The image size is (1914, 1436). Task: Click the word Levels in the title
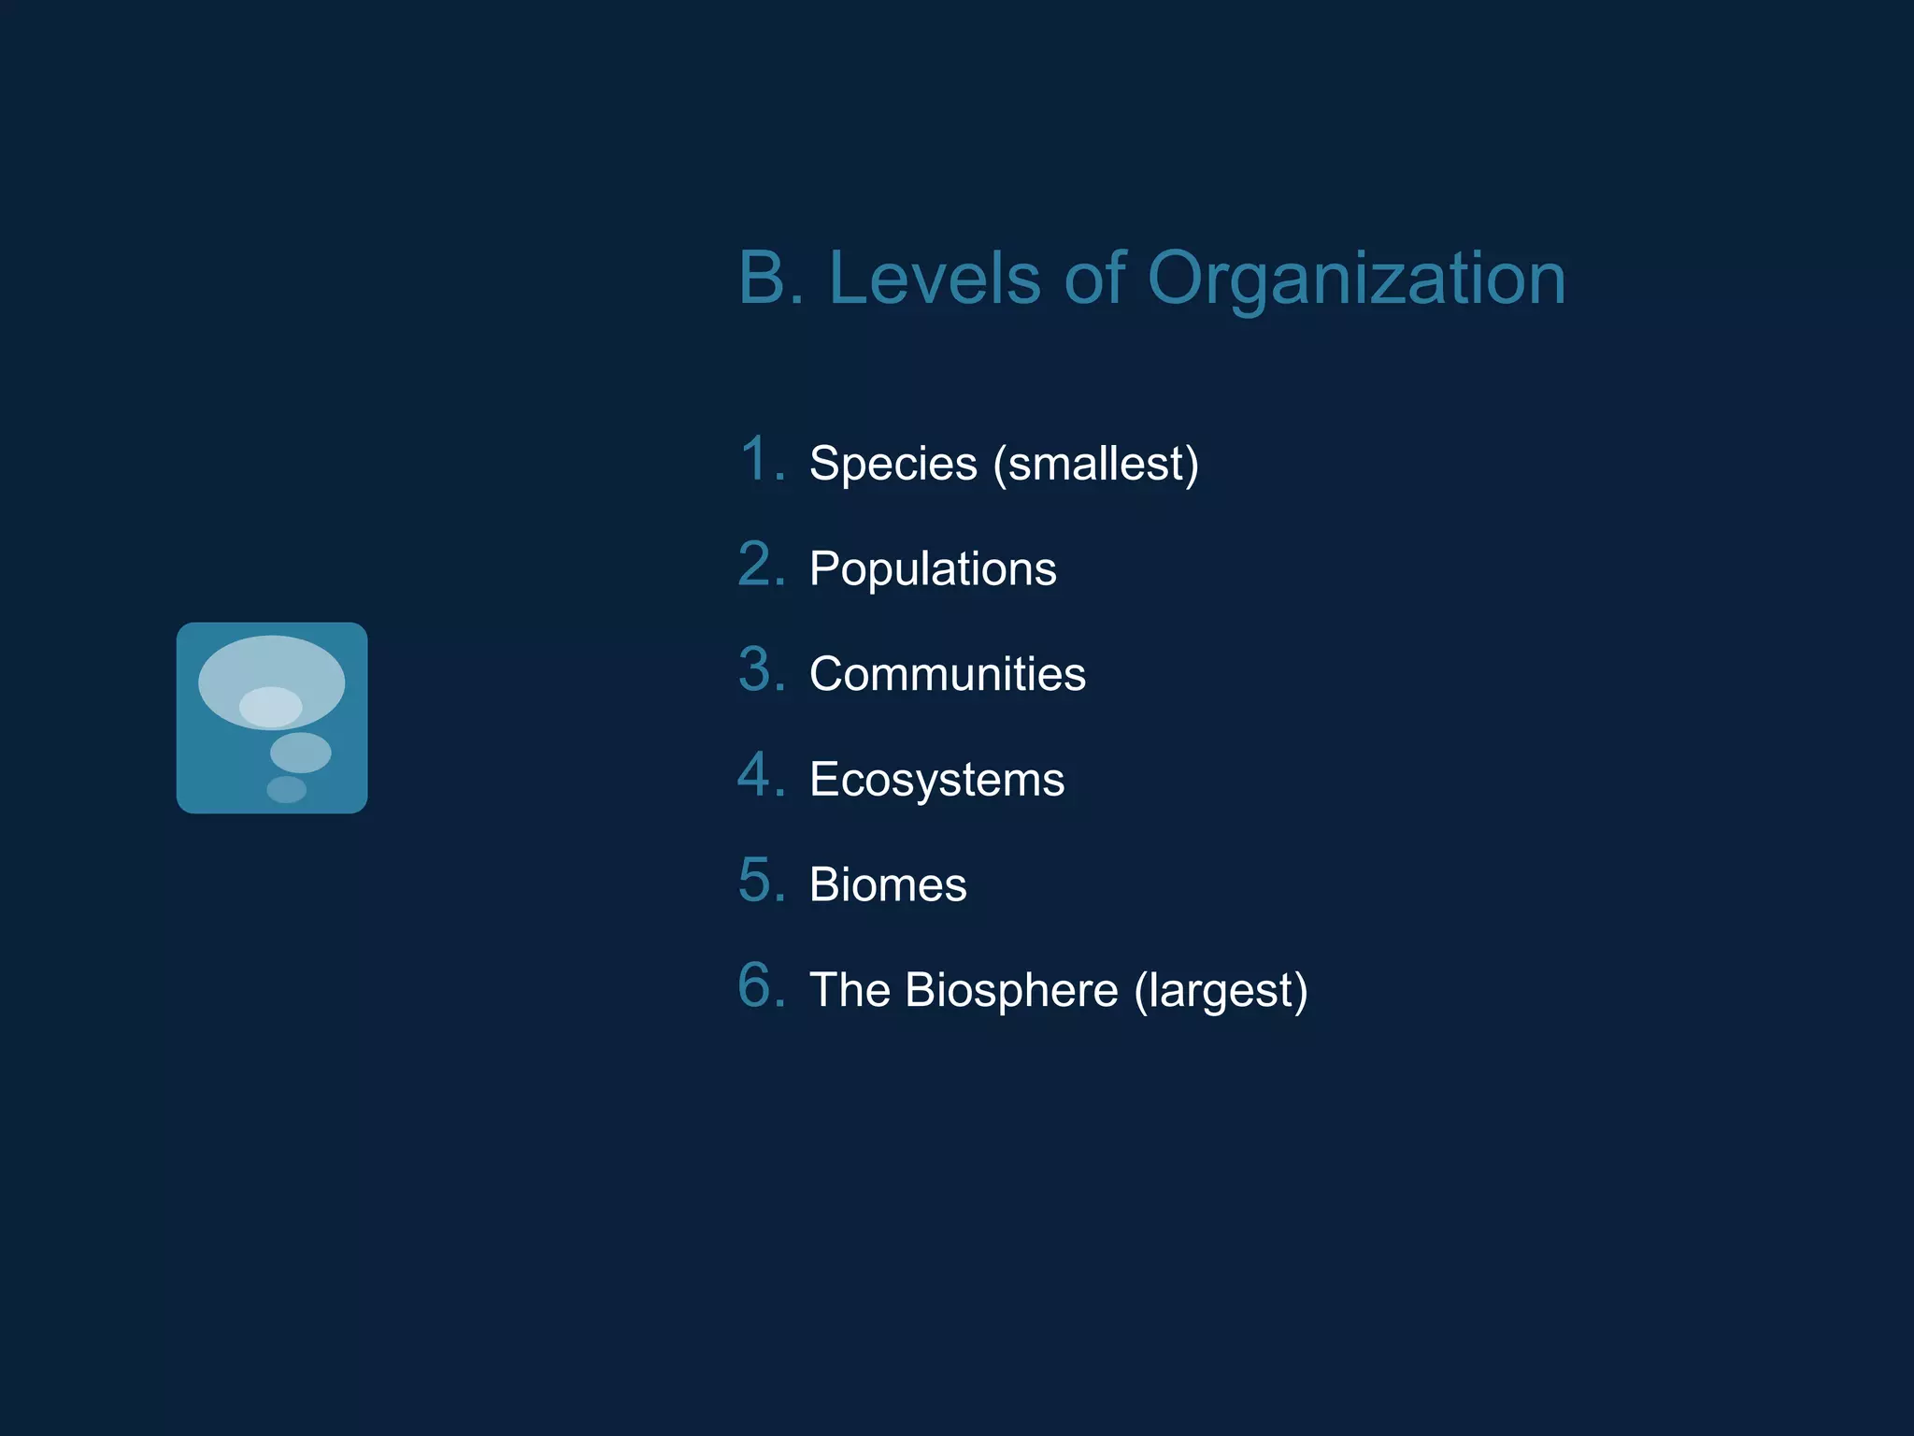point(934,278)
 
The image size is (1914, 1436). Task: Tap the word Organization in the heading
point(1356,280)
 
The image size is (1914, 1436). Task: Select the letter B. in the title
point(771,278)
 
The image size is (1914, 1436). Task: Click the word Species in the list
point(893,464)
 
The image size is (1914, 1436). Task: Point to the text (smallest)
point(1095,464)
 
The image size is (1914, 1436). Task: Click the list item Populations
point(933,568)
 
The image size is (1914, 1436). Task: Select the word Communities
point(947,674)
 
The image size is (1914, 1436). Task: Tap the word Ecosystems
point(936,780)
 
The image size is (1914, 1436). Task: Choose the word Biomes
point(888,884)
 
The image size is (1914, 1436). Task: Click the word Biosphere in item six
point(1011,990)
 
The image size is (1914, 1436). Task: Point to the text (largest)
point(1221,990)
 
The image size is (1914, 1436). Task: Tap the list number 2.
point(761,565)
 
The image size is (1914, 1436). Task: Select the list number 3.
point(761,669)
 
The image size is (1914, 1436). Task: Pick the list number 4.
point(761,775)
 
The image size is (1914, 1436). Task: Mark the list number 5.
point(761,881)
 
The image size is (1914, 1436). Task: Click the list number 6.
point(761,985)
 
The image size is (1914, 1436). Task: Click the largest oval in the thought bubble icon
point(271,666)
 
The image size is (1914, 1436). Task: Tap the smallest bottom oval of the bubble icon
point(286,790)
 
